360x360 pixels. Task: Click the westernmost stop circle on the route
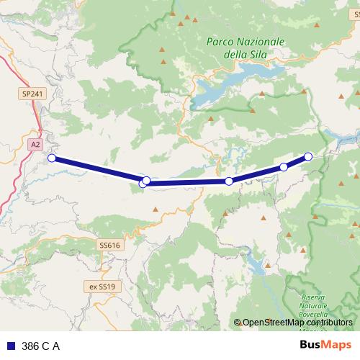click(x=51, y=158)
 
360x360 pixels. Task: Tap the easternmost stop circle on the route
click(x=308, y=156)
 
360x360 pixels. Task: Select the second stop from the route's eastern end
click(x=284, y=167)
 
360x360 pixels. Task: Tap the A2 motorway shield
click(x=35, y=145)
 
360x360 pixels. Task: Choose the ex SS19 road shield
click(x=102, y=286)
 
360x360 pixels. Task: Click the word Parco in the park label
click(x=220, y=42)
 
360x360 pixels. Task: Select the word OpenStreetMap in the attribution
click(x=269, y=323)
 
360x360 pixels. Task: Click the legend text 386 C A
click(x=41, y=346)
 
